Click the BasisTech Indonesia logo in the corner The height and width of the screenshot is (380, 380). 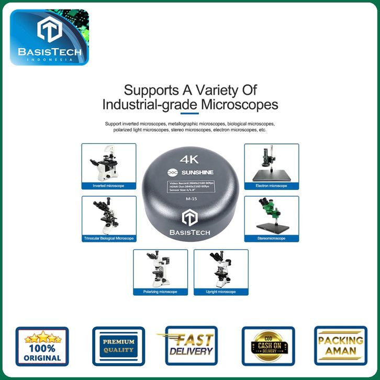pos(49,37)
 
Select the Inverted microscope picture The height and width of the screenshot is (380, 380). pos(109,163)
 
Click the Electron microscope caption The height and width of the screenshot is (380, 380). pos(271,186)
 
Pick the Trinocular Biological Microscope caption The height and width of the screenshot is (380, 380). pos(109,238)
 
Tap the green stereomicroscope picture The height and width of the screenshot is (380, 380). pos(271,216)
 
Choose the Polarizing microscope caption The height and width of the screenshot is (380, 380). pos(160,292)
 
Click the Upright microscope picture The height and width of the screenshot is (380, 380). pos(221,269)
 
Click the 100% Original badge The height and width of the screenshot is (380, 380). pos(42,346)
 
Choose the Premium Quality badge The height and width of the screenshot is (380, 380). pos(118,346)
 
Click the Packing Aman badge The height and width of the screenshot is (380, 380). pos(340,345)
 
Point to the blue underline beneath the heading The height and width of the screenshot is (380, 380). pos(189,113)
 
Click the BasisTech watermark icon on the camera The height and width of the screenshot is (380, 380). pos(189,219)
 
